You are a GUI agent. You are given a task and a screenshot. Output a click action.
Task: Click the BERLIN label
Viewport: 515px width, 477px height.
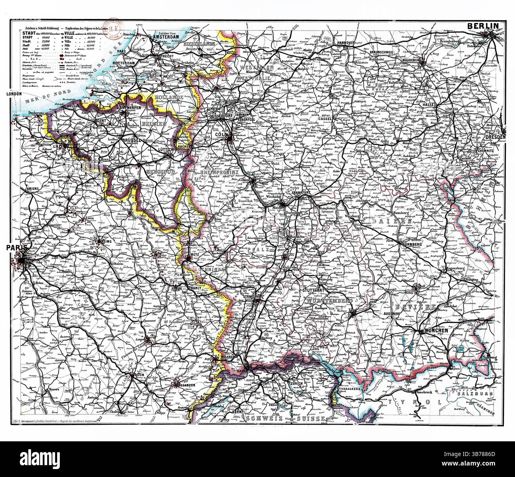pyautogui.click(x=483, y=26)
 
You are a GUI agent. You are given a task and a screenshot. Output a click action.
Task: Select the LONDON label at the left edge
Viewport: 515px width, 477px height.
pyautogui.click(x=13, y=94)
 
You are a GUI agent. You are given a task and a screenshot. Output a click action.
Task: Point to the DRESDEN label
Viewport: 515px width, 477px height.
pyautogui.click(x=495, y=137)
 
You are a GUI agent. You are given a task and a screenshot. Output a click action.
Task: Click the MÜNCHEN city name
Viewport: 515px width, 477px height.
pyautogui.click(x=435, y=331)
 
